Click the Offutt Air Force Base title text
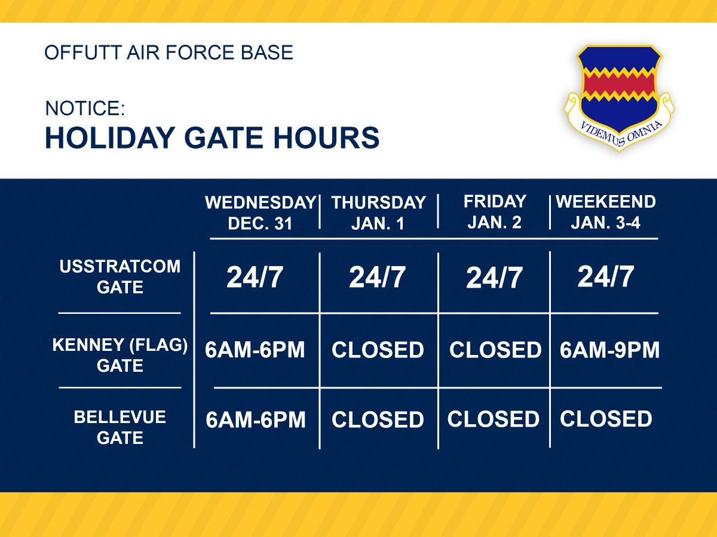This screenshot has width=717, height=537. click(169, 53)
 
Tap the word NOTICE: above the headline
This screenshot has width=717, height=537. click(85, 108)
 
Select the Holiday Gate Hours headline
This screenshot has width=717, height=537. click(212, 138)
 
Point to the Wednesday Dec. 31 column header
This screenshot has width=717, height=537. click(261, 212)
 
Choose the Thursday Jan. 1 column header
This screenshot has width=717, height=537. click(378, 212)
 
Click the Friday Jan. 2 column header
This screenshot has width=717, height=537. click(495, 211)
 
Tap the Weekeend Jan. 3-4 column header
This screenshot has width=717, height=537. click(605, 211)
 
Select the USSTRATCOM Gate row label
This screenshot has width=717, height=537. click(119, 276)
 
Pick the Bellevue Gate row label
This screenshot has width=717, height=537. click(119, 427)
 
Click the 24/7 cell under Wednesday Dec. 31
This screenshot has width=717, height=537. click(255, 278)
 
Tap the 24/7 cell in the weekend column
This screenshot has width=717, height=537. click(605, 277)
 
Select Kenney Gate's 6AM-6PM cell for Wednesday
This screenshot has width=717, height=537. click(255, 350)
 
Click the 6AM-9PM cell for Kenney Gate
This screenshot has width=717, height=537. click(609, 350)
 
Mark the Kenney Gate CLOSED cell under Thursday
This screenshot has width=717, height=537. click(378, 350)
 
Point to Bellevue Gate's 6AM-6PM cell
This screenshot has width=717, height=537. click(256, 420)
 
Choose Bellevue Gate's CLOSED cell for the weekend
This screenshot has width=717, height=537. click(605, 419)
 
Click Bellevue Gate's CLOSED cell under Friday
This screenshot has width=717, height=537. click(493, 419)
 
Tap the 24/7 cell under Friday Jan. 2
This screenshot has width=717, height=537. click(494, 279)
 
